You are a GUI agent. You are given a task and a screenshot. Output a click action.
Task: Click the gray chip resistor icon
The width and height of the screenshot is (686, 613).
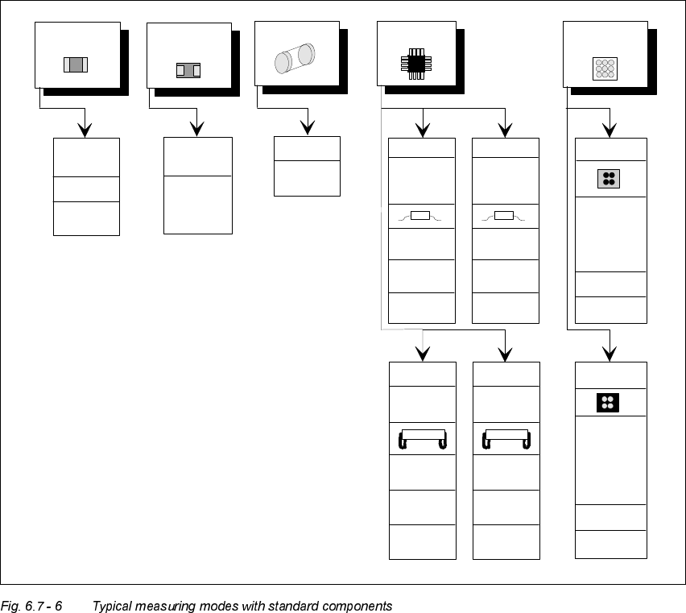click(75, 65)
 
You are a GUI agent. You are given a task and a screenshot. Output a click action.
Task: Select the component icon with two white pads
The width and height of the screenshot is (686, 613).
click(187, 70)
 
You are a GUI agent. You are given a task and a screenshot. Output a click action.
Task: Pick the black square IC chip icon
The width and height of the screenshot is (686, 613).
click(415, 64)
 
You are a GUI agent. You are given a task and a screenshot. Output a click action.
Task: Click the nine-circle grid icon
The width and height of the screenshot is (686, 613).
click(604, 68)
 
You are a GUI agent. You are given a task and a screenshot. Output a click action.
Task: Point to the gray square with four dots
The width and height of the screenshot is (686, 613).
click(608, 179)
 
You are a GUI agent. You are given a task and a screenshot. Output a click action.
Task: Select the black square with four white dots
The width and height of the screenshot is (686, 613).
click(608, 402)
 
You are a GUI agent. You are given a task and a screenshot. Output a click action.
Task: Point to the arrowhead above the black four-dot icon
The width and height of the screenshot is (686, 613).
click(610, 352)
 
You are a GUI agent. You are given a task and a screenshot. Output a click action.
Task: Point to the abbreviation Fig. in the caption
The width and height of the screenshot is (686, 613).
click(10, 606)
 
